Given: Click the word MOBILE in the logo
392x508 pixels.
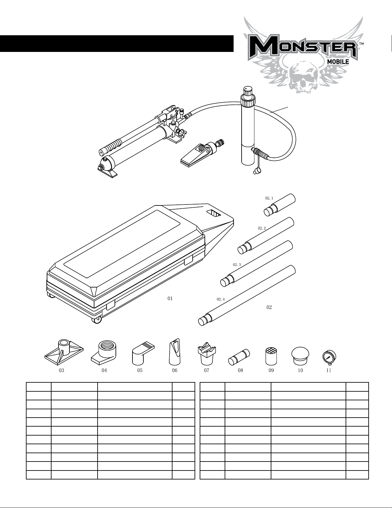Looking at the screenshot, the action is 338,62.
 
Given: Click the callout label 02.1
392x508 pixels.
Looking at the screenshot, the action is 269,198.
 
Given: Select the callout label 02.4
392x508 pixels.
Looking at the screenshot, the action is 220,299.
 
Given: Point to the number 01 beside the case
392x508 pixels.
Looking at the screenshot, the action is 170,298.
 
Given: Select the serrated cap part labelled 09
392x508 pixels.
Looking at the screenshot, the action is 271,356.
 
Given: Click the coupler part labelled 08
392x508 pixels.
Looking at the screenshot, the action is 239,357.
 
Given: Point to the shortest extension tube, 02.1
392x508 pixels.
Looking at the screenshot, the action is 280,205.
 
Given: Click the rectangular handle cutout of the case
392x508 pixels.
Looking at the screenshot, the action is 214,213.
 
